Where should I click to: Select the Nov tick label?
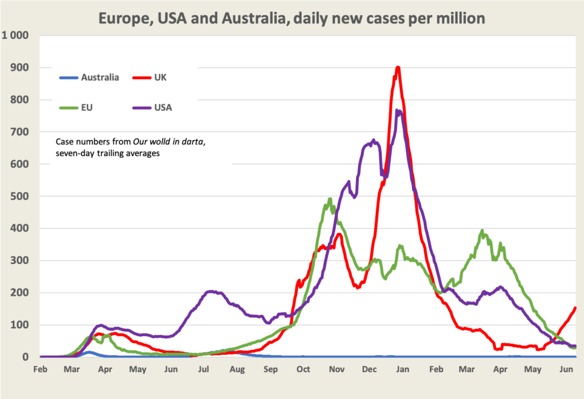(x=336, y=369)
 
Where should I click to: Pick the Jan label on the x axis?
(x=403, y=369)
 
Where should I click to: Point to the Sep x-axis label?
(x=270, y=369)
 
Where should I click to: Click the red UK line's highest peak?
(x=398, y=67)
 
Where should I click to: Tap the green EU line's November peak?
(x=330, y=199)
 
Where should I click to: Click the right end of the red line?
(x=575, y=308)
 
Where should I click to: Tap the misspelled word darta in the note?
(x=192, y=142)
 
